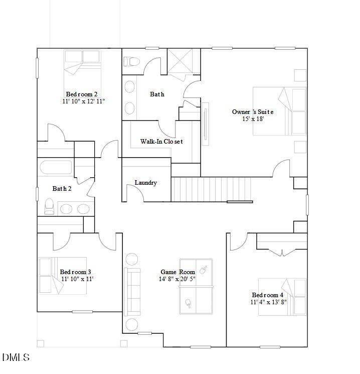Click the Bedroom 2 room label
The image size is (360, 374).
(x=81, y=94)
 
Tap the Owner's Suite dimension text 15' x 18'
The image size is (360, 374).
(x=252, y=119)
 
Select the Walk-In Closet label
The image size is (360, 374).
(x=161, y=142)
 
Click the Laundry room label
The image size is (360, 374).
(x=145, y=183)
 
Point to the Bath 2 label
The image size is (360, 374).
(x=62, y=189)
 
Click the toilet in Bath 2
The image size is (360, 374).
(x=49, y=206)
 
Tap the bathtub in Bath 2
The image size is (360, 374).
(x=56, y=167)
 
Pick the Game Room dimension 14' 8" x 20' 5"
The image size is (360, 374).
(x=177, y=279)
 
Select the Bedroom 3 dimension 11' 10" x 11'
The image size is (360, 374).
(x=77, y=279)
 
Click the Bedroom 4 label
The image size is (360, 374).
(x=267, y=295)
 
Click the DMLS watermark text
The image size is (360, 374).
(x=16, y=358)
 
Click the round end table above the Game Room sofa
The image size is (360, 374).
(x=131, y=260)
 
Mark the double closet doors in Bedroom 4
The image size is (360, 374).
(x=282, y=253)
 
